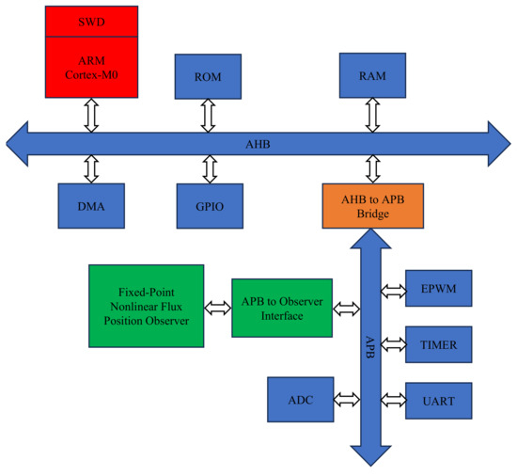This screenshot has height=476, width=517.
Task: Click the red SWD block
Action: (x=91, y=20)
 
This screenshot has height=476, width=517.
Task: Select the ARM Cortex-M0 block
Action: (x=91, y=67)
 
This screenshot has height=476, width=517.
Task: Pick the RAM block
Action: (x=373, y=75)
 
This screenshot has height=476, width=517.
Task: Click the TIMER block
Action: (x=438, y=345)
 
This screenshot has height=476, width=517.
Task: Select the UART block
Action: (x=438, y=401)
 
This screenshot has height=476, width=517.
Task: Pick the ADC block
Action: (x=302, y=400)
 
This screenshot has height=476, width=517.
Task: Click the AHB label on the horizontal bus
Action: (x=257, y=142)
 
